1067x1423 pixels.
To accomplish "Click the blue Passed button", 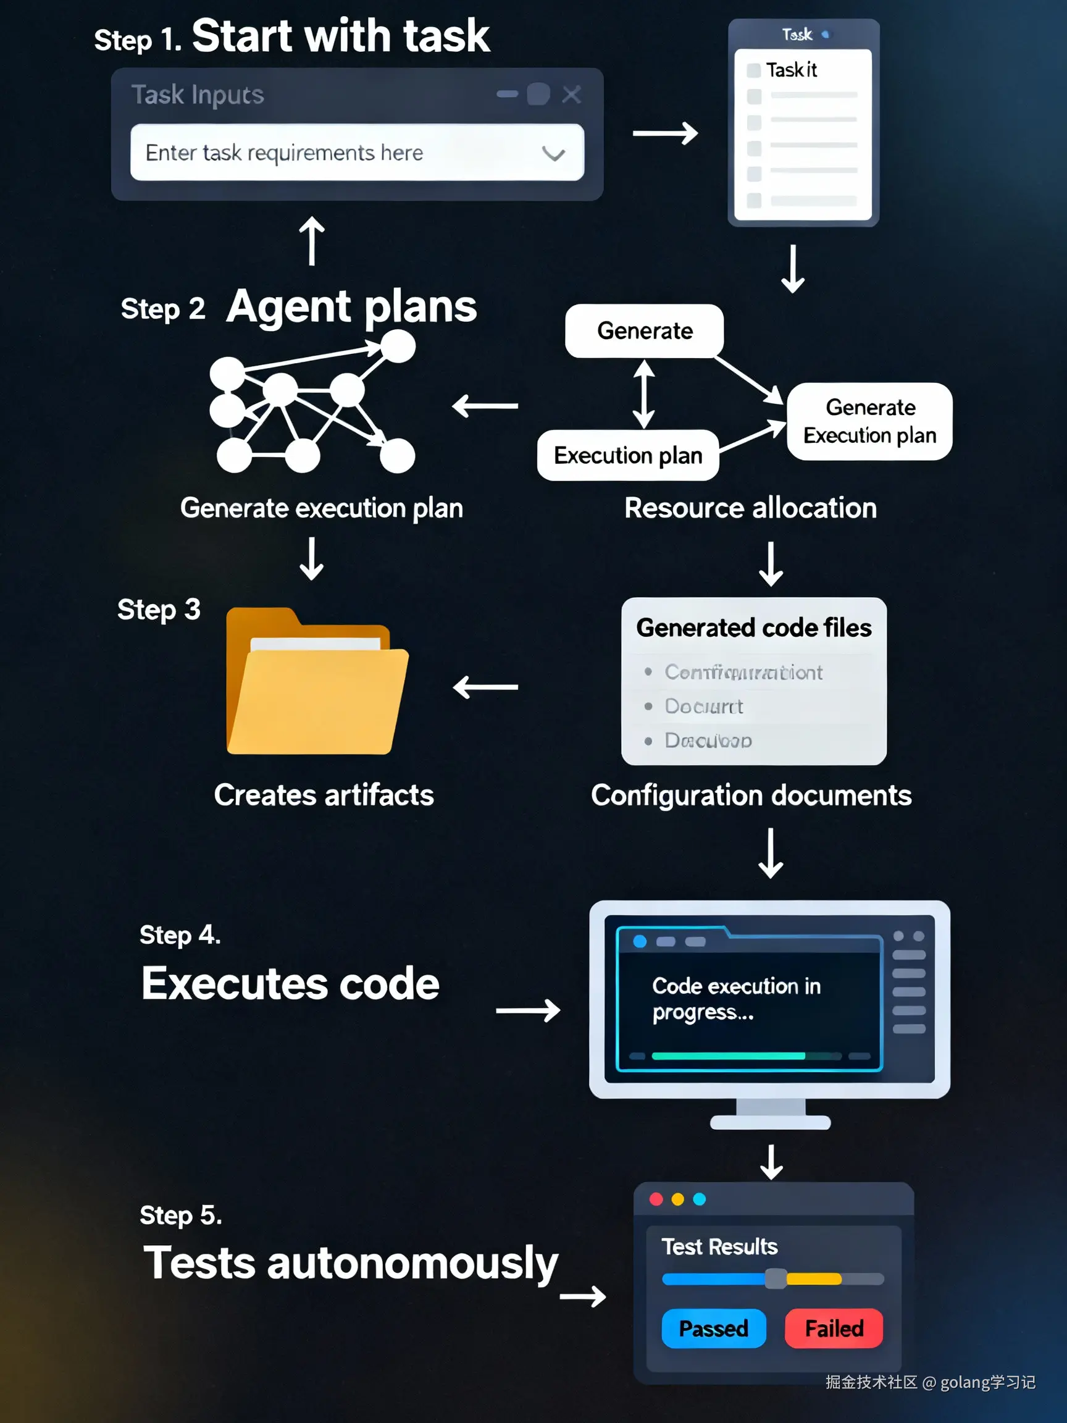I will tap(713, 1328).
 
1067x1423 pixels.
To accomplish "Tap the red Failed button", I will tap(834, 1328).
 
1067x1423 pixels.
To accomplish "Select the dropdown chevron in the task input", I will tap(553, 154).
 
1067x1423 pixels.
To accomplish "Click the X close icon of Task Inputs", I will tap(571, 94).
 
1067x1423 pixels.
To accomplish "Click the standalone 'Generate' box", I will tap(645, 330).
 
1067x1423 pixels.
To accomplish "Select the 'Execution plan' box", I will tap(628, 455).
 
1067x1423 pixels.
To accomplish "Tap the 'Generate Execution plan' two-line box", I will tap(869, 421).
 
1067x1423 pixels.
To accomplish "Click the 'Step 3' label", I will tap(158, 609).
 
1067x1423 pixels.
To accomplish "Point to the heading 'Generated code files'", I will tap(754, 628).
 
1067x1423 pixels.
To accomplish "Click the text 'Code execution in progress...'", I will tap(736, 999).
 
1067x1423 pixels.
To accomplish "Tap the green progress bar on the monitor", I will tap(728, 1056).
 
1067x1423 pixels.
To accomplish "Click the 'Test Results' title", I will tap(719, 1247).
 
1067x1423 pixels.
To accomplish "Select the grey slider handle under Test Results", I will tap(776, 1278).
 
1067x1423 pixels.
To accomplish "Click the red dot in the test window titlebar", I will tap(656, 1199).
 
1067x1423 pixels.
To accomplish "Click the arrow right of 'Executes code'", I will tap(527, 1010).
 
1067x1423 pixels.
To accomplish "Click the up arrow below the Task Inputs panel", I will tap(312, 241).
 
